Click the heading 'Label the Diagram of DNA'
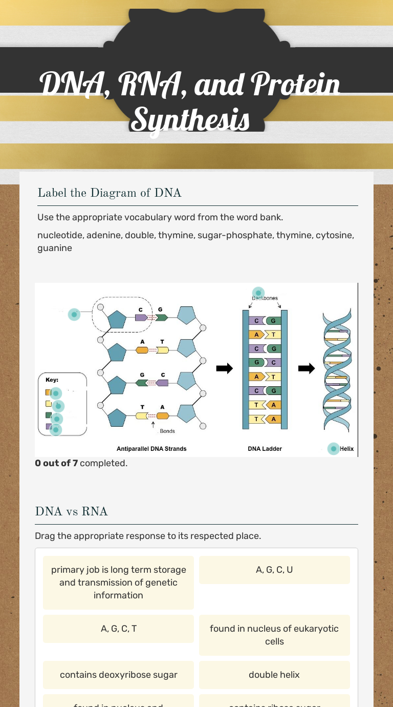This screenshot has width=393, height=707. tap(110, 193)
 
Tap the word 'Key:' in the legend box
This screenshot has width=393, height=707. tap(52, 380)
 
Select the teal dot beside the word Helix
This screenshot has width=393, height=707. tap(334, 449)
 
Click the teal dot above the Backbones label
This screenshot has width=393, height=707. tap(258, 293)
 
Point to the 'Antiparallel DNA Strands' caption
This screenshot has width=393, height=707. tap(151, 449)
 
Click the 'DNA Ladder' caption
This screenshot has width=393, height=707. tap(265, 449)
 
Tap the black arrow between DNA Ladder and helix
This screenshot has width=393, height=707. tap(307, 368)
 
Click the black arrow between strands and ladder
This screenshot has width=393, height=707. tap(224, 368)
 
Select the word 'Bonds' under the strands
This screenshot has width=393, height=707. tap(167, 431)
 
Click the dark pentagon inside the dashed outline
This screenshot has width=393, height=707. tap(117, 319)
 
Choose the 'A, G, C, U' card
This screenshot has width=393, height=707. tap(274, 570)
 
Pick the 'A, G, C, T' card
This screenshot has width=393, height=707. tap(118, 629)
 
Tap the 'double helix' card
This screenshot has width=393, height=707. tap(274, 675)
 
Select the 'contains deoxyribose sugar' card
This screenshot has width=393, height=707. tap(118, 675)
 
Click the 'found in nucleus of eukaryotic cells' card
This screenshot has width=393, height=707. tap(274, 635)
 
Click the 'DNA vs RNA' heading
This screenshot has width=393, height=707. tap(72, 511)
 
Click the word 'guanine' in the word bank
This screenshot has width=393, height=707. tap(55, 248)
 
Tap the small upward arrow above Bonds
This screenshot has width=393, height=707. tap(153, 424)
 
